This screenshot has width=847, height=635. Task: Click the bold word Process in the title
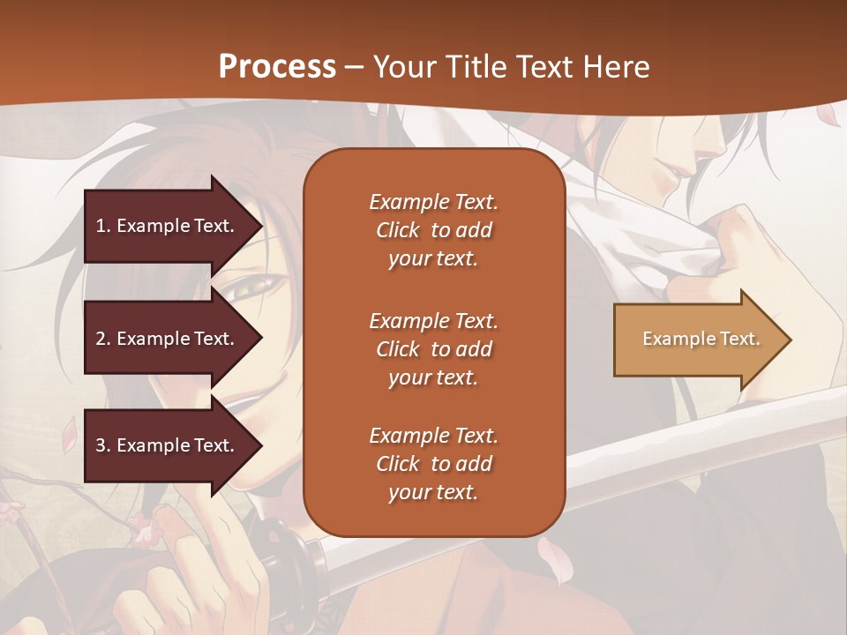point(277,67)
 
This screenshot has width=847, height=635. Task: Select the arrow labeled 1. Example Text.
point(168,226)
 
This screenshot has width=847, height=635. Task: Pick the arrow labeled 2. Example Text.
point(168,339)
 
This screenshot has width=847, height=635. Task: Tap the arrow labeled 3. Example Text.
point(168,445)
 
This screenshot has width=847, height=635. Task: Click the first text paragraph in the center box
point(433,230)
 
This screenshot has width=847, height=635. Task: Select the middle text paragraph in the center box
point(433,349)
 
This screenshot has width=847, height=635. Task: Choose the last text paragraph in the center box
point(433,464)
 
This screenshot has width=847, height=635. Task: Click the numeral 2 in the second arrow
point(101,339)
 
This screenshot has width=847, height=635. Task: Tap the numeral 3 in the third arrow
point(101,445)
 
